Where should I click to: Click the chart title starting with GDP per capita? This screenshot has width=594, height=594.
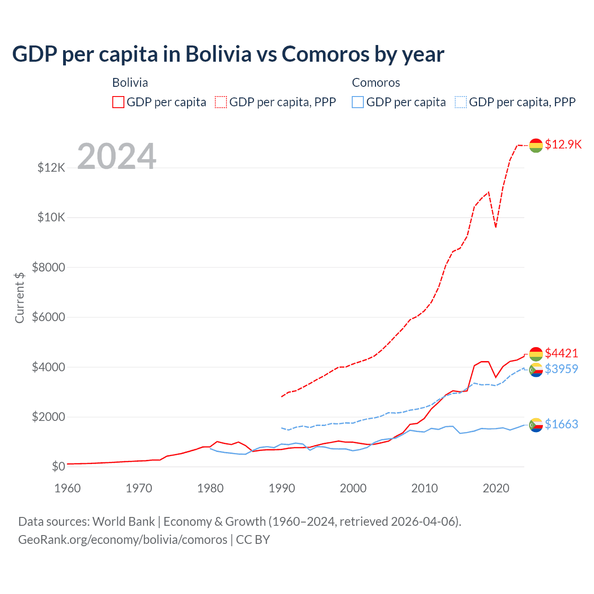click(228, 54)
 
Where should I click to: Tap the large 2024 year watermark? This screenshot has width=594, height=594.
click(116, 156)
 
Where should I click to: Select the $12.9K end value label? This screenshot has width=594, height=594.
click(563, 144)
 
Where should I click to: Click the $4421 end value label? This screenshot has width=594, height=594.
click(562, 353)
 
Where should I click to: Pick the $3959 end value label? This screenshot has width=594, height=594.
click(562, 369)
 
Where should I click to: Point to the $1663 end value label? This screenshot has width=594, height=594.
click(562, 424)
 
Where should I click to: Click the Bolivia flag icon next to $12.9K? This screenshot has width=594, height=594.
click(536, 145)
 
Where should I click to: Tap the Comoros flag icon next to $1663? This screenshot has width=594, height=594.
click(536, 425)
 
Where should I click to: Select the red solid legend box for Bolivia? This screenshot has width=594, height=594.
click(118, 102)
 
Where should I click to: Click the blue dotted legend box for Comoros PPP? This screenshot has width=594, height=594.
click(461, 102)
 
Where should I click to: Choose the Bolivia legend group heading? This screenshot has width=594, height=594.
click(130, 83)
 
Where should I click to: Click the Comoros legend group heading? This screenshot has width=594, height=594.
click(376, 83)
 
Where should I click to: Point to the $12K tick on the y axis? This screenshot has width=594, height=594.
click(52, 168)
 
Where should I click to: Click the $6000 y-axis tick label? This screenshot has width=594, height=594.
click(49, 317)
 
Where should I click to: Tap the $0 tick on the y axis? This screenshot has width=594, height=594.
click(58, 466)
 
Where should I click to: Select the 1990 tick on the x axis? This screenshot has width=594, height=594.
click(282, 488)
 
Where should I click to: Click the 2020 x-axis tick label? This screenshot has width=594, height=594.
click(496, 488)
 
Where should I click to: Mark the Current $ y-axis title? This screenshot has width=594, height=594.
click(19, 297)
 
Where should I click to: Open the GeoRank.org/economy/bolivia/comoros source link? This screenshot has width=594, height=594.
click(123, 540)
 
